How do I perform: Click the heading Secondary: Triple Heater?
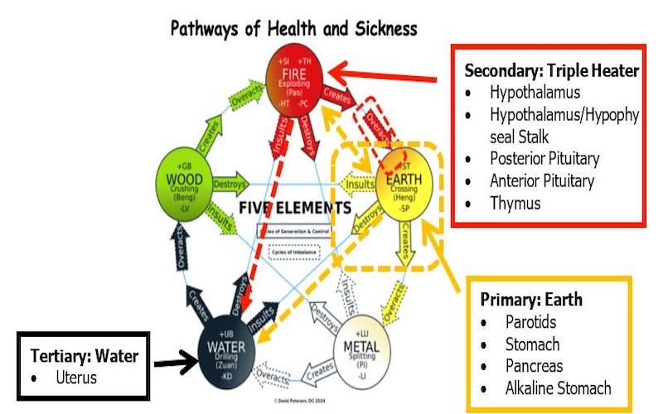[x=551, y=71]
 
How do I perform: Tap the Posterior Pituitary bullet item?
[x=544, y=158]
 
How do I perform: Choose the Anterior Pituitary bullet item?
[x=542, y=181]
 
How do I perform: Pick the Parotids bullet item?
[x=530, y=321]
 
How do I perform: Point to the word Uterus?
[x=75, y=378]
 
